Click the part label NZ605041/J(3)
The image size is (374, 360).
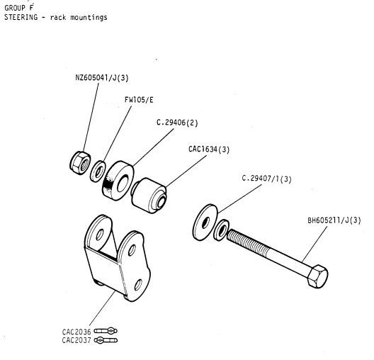click(x=102, y=78)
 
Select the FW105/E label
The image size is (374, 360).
click(x=139, y=100)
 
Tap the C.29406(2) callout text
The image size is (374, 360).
click(x=177, y=123)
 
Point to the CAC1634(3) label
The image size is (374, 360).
click(x=209, y=150)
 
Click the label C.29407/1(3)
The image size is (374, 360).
click(x=266, y=179)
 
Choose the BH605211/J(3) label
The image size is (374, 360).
click(x=334, y=220)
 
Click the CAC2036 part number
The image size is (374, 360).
click(x=76, y=332)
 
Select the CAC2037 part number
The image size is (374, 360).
click(x=76, y=340)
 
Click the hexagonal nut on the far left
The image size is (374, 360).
click(x=80, y=163)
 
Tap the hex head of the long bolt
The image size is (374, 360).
click(x=317, y=276)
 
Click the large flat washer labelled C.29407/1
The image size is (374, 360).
click(x=205, y=223)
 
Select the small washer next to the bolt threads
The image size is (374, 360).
click(x=221, y=230)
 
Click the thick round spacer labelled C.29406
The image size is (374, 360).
click(x=118, y=181)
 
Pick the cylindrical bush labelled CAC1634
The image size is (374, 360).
click(x=149, y=196)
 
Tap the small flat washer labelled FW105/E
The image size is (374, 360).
click(x=98, y=171)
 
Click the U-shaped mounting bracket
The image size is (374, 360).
click(x=118, y=258)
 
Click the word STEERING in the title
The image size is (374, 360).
click(x=21, y=18)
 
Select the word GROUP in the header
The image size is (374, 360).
click(x=15, y=8)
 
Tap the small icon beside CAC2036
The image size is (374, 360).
click(x=106, y=331)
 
